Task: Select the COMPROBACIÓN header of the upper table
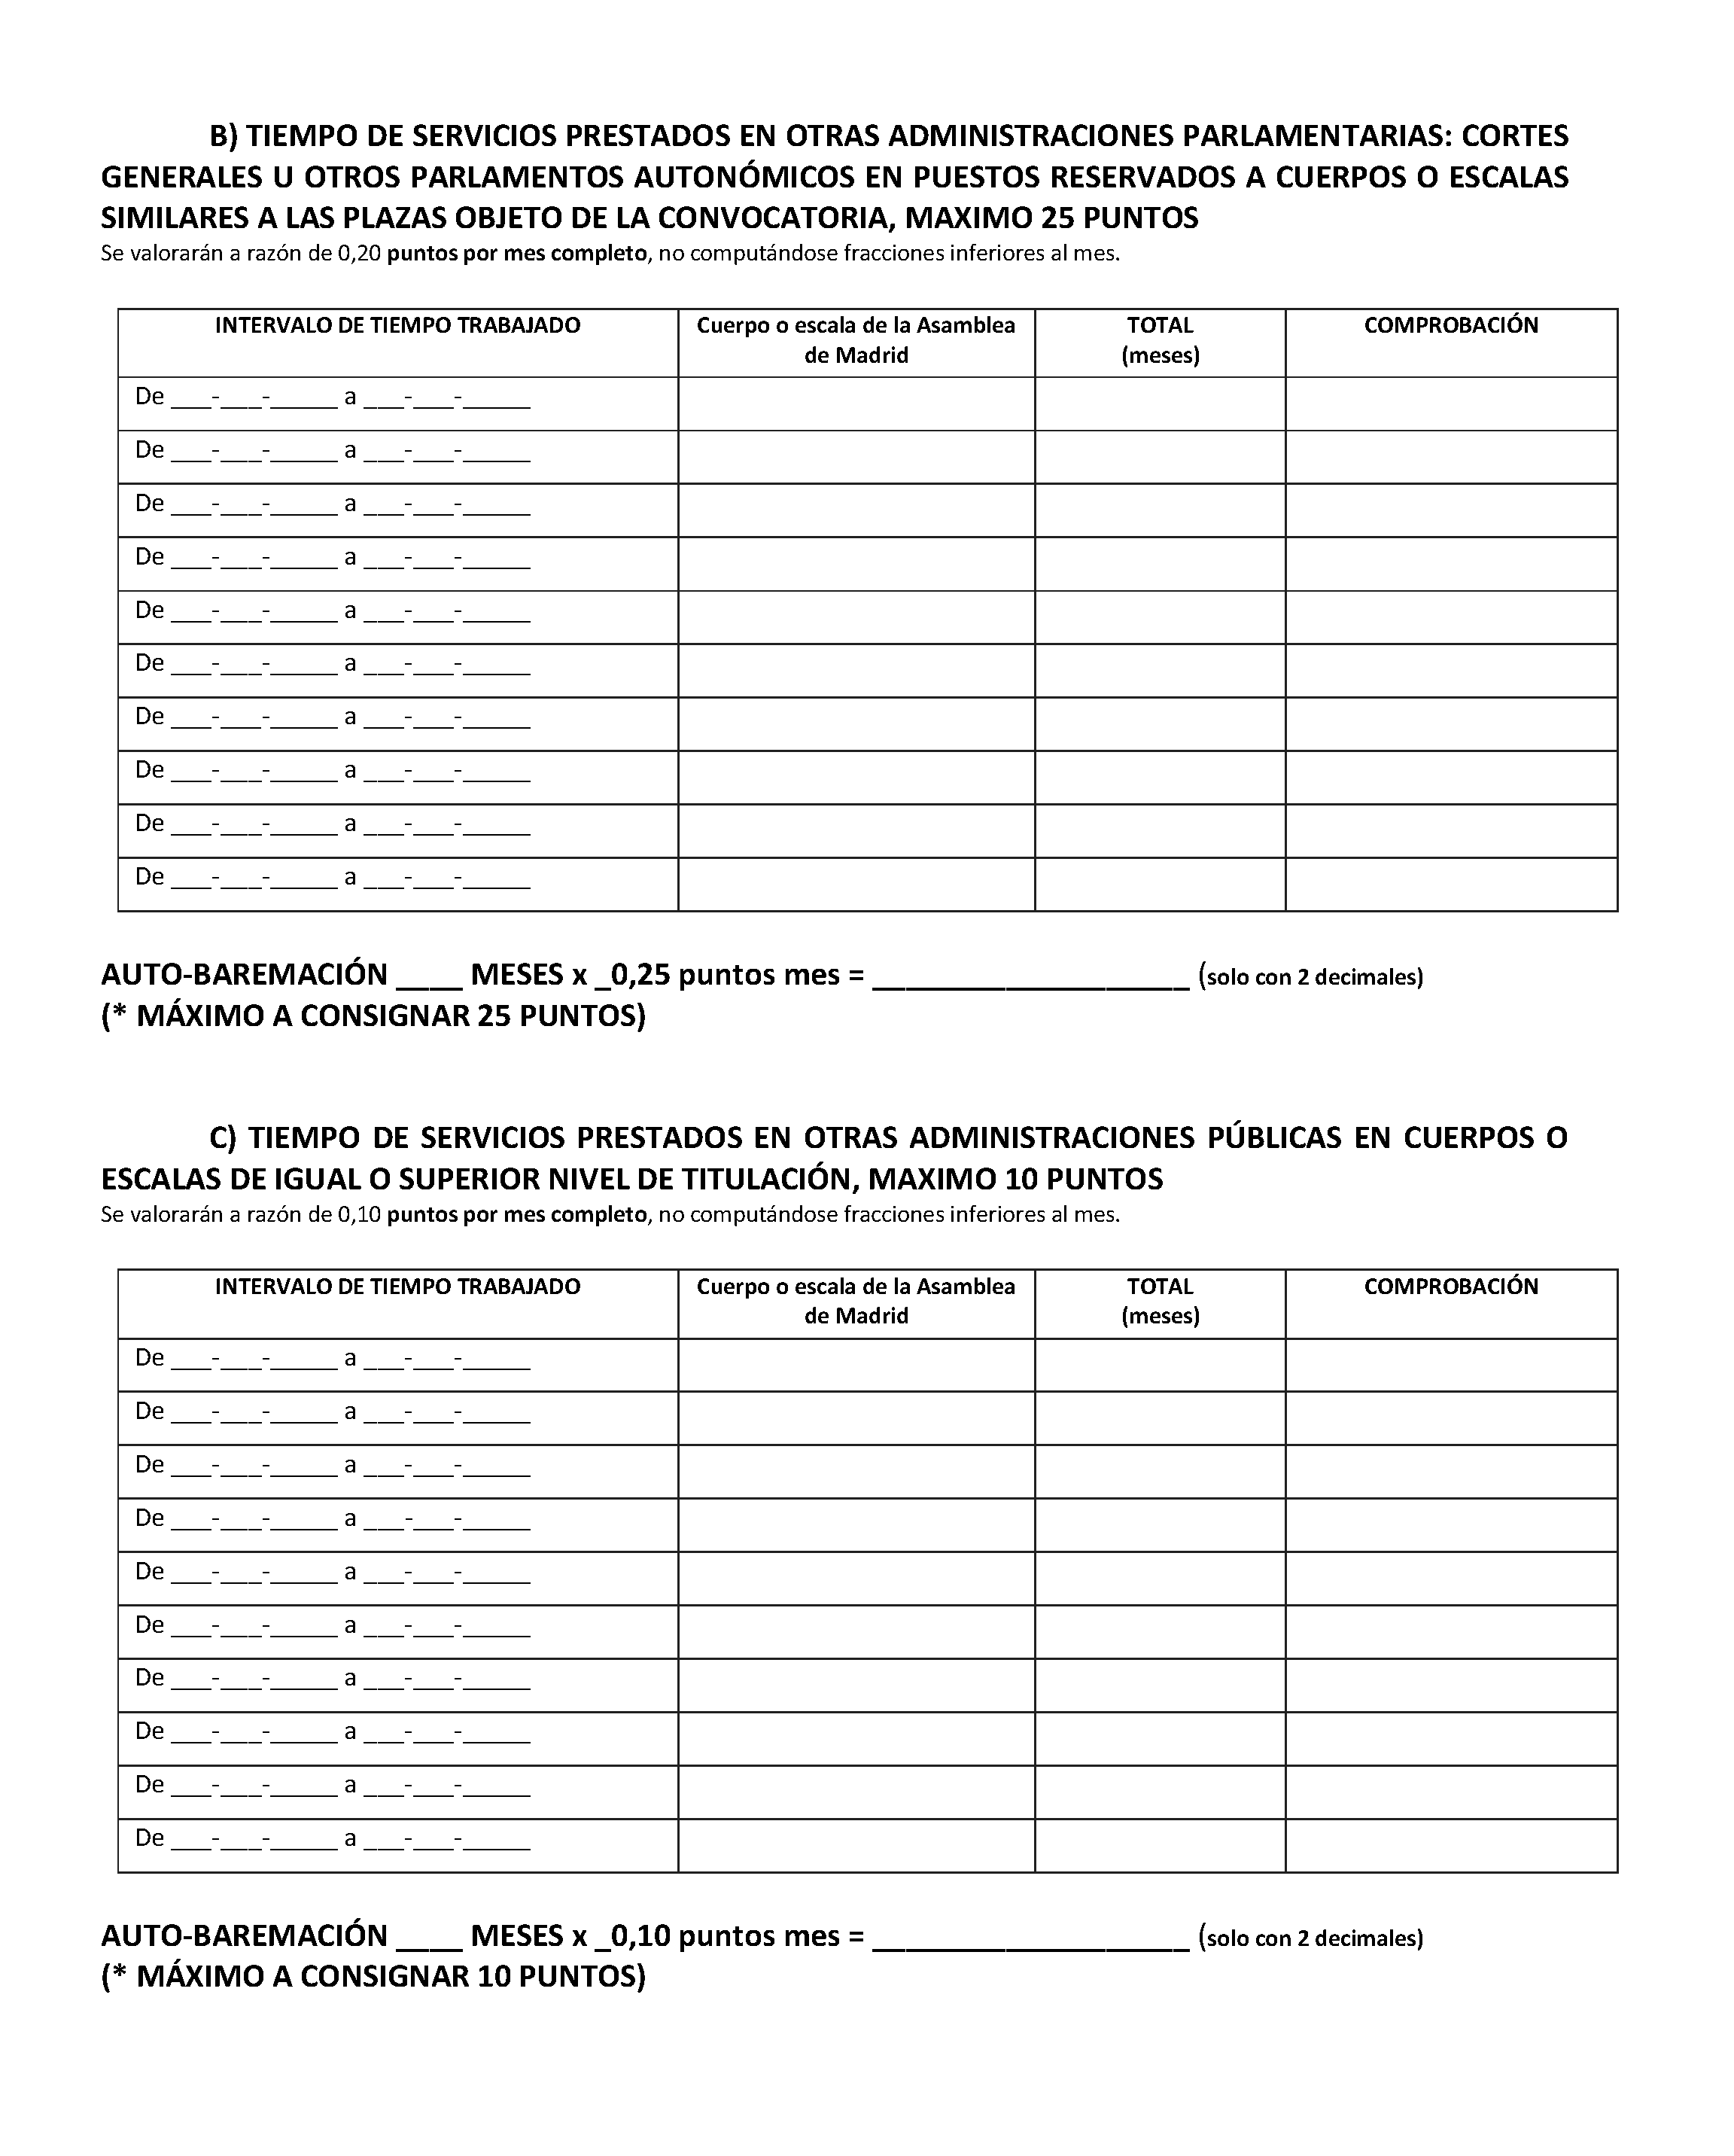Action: [1450, 326]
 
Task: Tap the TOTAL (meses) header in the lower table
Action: [1160, 1300]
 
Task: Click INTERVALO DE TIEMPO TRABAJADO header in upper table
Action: [397, 326]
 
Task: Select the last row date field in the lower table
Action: [332, 1838]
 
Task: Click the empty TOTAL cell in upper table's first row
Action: [1160, 404]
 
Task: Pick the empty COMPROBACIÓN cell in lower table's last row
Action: [1450, 1845]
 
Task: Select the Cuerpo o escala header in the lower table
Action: [856, 1300]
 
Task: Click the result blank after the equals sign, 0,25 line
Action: [1030, 977]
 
